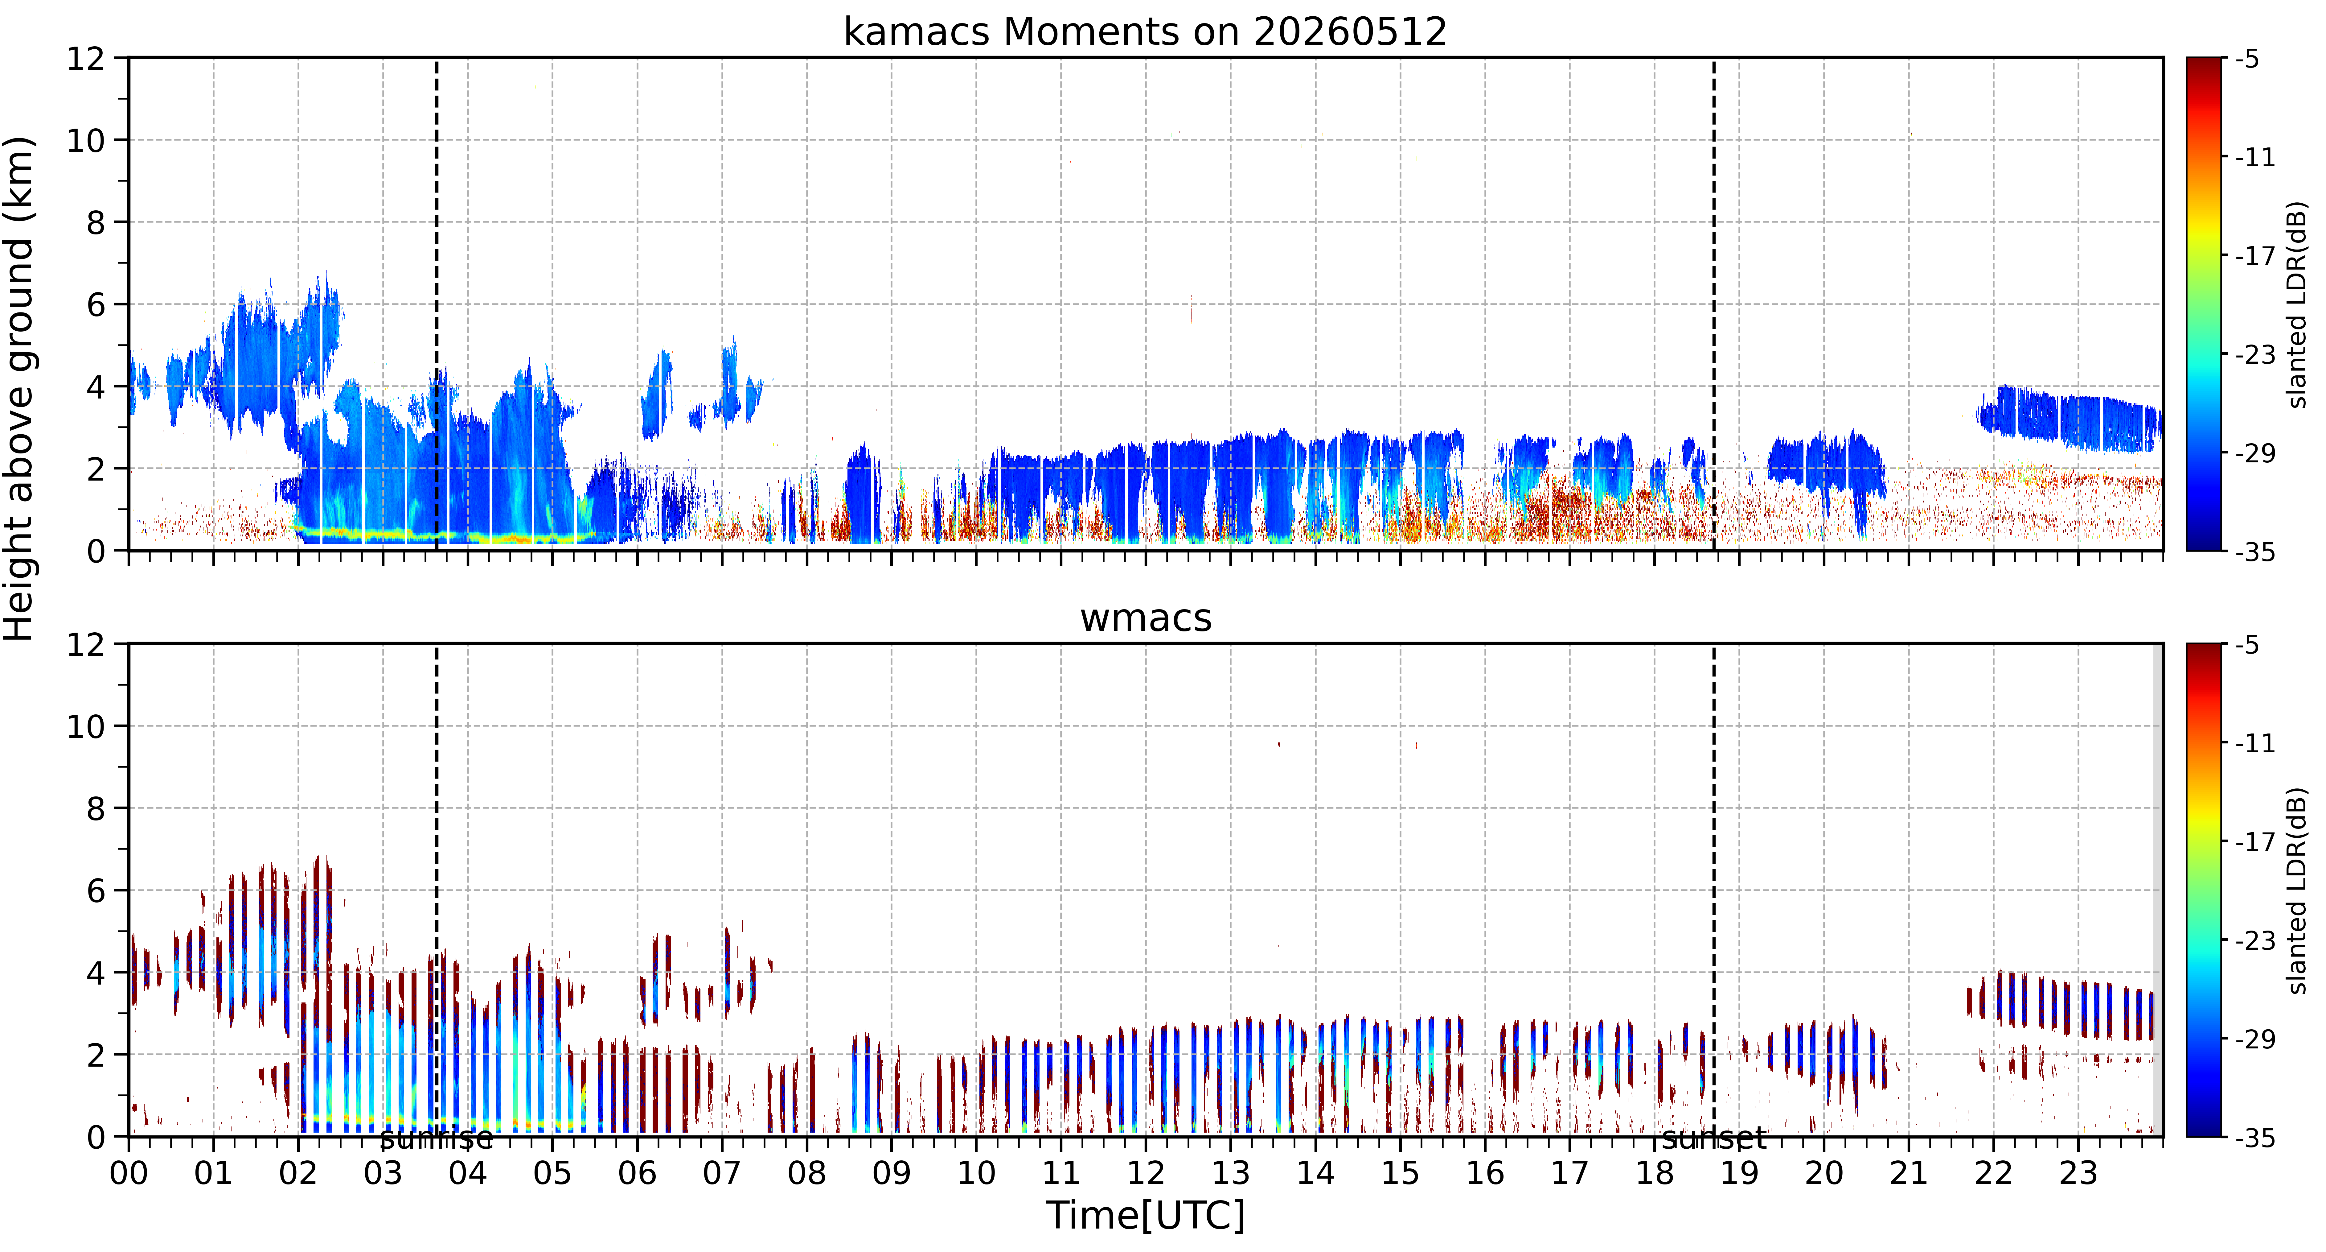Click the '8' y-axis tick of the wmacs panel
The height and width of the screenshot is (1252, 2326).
[x=96, y=808]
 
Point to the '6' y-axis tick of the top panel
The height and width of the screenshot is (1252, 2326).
[x=96, y=304]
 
